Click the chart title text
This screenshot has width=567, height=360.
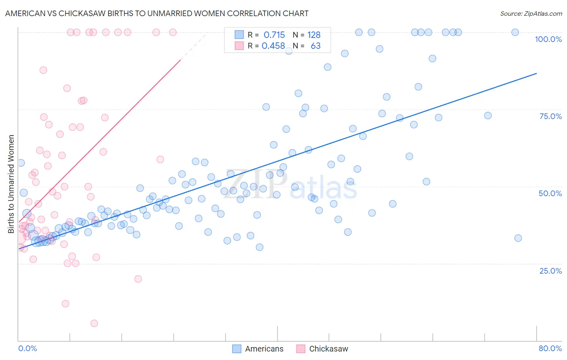pos(156,13)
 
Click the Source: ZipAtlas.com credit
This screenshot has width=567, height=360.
pos(531,13)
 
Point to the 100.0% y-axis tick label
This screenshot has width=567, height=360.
pos(548,39)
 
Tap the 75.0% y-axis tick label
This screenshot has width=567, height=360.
pos(550,116)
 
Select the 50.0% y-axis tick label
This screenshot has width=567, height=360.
pos(550,193)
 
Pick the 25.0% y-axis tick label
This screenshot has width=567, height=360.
pos(550,270)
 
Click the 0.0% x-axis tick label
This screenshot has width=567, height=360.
pos(27,348)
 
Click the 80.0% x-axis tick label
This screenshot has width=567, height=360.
pos(550,348)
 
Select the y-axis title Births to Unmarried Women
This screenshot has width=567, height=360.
pos(11,184)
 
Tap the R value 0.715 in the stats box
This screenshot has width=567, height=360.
pos(274,35)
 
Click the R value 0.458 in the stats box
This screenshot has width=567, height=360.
pos(273,46)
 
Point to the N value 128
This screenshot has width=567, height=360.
pos(314,35)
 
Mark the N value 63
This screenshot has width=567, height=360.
pos(315,46)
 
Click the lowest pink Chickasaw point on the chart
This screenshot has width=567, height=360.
pos(94,323)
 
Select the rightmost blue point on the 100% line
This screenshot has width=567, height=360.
pos(515,32)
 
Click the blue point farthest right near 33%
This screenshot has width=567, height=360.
pos(518,238)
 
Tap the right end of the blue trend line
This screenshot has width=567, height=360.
pos(536,73)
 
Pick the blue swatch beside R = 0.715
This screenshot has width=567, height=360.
pos(239,35)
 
